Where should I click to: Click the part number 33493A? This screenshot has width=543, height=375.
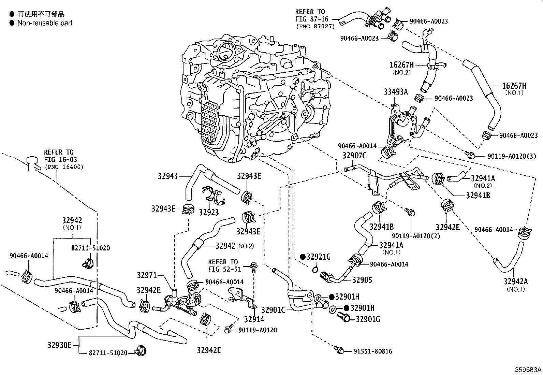tap(396, 92)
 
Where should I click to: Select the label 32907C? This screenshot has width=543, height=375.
tap(354, 156)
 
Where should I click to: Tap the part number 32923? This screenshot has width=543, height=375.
tap(209, 212)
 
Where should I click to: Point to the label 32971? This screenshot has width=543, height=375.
tap(147, 275)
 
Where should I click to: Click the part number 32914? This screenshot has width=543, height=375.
tap(254, 319)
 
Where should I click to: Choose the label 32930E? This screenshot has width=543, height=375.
tap(59, 345)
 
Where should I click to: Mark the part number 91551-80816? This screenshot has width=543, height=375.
tap(373, 351)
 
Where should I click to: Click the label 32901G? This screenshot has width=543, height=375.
tap(368, 319)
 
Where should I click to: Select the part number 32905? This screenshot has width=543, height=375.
tap(362, 280)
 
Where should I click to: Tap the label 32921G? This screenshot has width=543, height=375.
tap(318, 257)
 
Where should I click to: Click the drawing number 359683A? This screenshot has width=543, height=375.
tap(528, 370)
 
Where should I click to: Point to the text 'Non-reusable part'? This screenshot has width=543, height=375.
tap(45, 23)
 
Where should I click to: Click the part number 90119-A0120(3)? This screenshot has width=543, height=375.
tap(512, 156)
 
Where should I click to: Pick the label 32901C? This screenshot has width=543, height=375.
tap(273, 310)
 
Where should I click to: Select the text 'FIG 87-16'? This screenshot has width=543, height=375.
tap(312, 19)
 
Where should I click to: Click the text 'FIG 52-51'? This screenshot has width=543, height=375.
tap(225, 269)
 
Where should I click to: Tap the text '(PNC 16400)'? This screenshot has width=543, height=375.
tap(64, 167)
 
